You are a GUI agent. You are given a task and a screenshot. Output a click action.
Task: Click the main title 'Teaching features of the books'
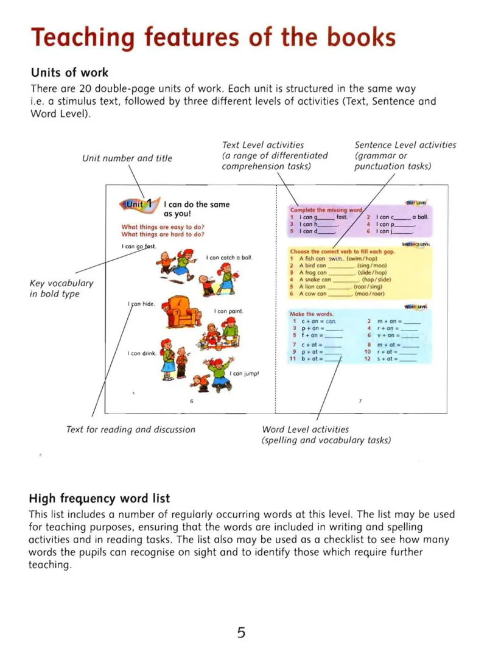click(x=213, y=37)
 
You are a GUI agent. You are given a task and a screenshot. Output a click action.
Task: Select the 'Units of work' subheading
click(x=69, y=72)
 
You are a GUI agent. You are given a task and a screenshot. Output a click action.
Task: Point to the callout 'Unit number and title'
click(x=127, y=158)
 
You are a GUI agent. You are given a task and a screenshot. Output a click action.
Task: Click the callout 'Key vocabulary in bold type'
click(x=61, y=289)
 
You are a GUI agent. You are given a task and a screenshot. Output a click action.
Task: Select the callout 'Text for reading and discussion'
click(x=131, y=429)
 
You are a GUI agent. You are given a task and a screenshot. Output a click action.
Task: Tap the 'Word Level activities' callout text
click(x=305, y=429)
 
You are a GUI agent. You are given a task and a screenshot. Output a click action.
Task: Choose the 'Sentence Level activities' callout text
click(x=405, y=145)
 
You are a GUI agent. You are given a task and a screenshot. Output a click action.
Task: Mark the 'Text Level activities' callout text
click(x=263, y=145)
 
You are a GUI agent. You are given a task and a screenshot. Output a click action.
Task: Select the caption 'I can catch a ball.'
click(x=229, y=258)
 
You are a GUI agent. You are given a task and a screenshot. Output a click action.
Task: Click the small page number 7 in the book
click(x=360, y=401)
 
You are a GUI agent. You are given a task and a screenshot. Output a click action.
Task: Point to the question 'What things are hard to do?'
click(x=163, y=234)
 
